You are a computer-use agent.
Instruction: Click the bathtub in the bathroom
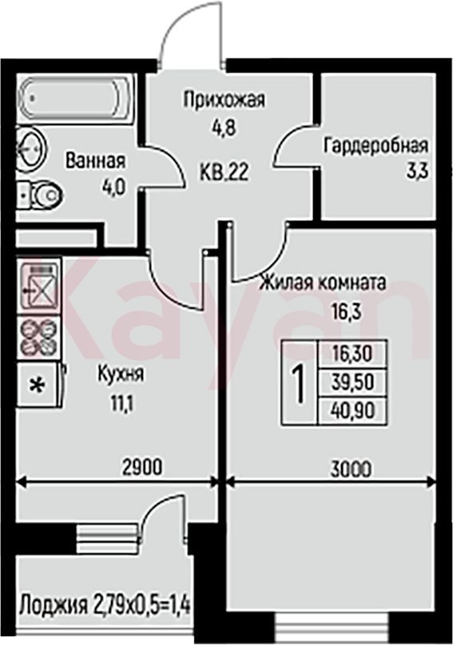pyautogui.click(x=76, y=98)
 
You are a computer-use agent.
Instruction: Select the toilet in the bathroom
pyautogui.click(x=41, y=196)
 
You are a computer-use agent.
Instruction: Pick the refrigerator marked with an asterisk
pyautogui.click(x=40, y=385)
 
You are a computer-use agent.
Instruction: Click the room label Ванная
pyautogui.click(x=95, y=161)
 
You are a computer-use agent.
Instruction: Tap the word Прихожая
pyautogui.click(x=224, y=100)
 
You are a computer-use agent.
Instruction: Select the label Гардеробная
pyautogui.click(x=376, y=145)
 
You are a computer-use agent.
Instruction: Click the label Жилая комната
pyautogui.click(x=324, y=283)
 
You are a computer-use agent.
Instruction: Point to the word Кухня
pyautogui.click(x=121, y=374)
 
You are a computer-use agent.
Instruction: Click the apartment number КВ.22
pyautogui.click(x=225, y=172)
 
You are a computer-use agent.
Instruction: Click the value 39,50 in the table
pyautogui.click(x=352, y=382)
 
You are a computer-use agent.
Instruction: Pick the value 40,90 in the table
pyautogui.click(x=352, y=411)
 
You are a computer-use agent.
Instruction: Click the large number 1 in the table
pyautogui.click(x=300, y=383)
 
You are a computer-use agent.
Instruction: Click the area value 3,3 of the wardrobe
pyautogui.click(x=417, y=170)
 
